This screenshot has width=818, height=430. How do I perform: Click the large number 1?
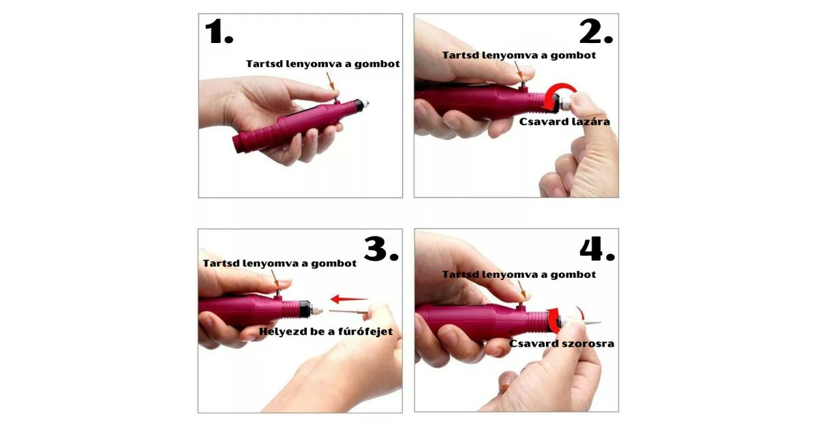(219, 32)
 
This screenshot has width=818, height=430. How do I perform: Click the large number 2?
(596, 32)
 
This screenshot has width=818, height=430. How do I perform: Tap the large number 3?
(381, 249)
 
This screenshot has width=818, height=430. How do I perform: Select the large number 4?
(597, 249)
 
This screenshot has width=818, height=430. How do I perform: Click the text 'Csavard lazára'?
(564, 121)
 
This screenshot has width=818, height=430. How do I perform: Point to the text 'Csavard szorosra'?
(562, 344)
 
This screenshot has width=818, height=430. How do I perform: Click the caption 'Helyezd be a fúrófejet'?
(326, 332)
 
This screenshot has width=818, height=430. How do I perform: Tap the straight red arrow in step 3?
(349, 299)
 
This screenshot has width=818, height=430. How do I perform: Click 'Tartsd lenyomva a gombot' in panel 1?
(323, 64)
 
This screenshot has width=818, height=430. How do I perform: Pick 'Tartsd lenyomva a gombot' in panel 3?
(279, 263)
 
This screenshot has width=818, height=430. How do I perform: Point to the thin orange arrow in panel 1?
(330, 81)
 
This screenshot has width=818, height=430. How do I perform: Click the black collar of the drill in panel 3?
(305, 309)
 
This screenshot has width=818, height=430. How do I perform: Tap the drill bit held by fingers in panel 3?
(348, 312)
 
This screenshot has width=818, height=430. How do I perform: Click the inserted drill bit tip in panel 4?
(592, 322)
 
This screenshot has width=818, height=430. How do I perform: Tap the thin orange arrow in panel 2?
(519, 70)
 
